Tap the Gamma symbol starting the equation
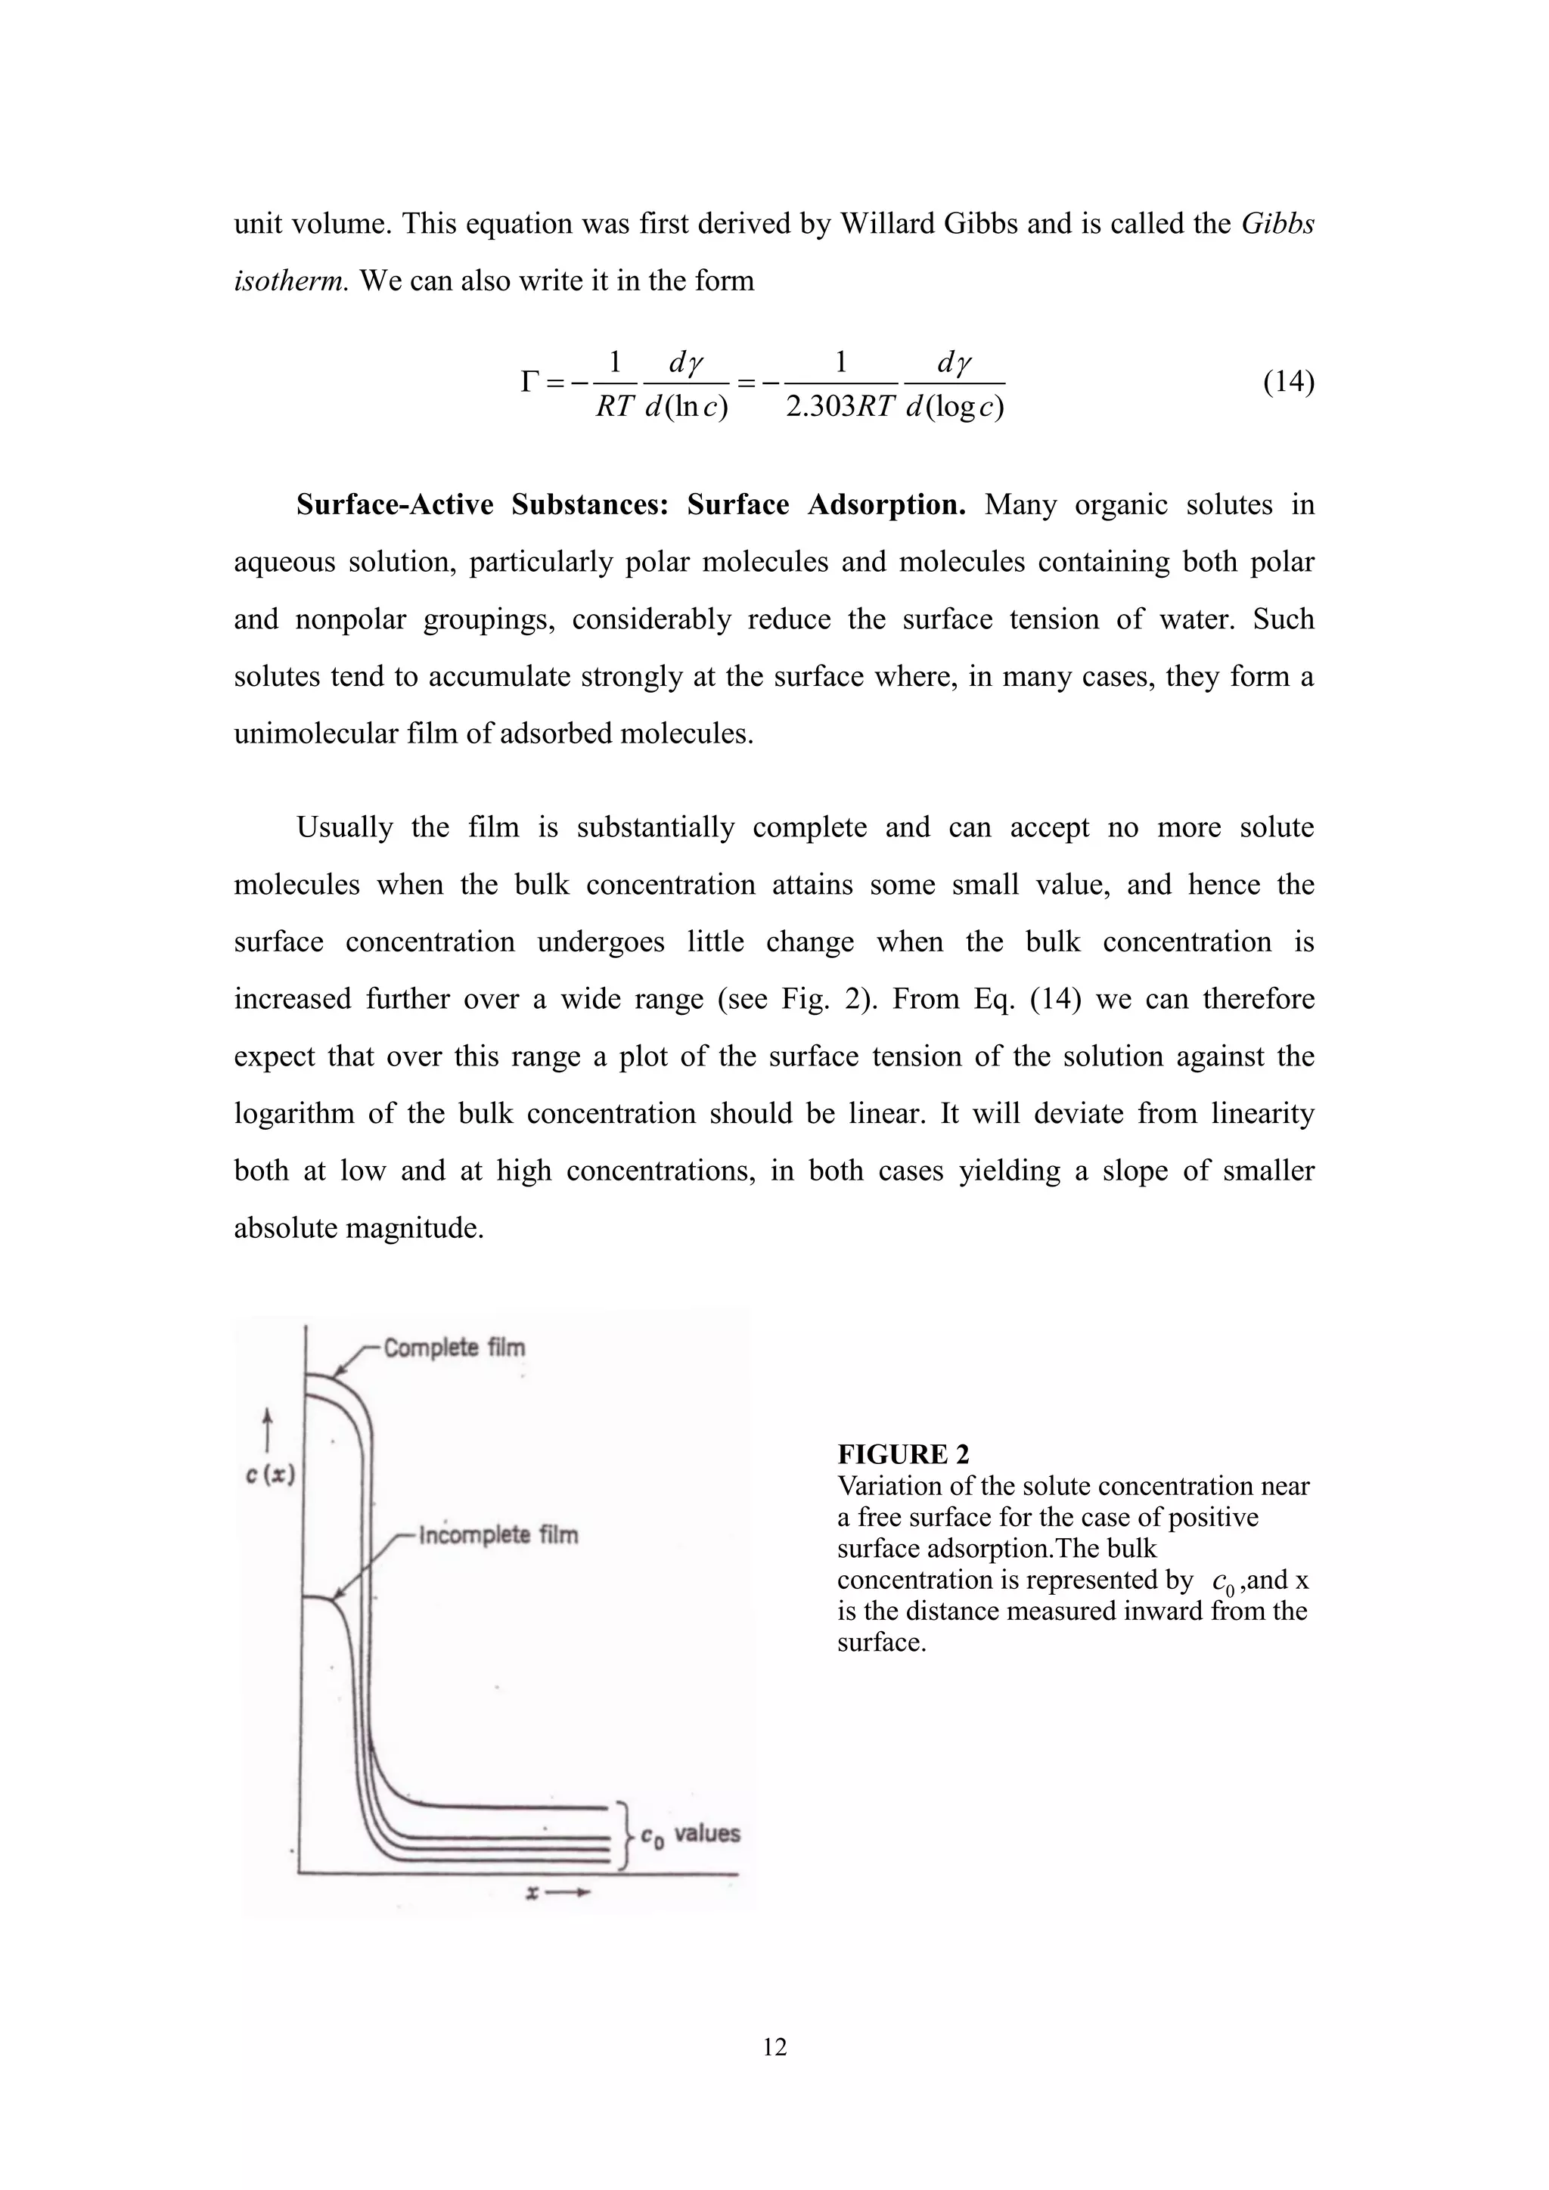click(x=530, y=383)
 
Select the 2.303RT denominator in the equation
click(x=840, y=408)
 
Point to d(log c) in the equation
click(x=955, y=408)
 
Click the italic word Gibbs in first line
click(x=1278, y=223)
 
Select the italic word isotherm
click(x=291, y=281)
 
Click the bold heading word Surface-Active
click(x=395, y=504)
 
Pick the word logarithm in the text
click(x=293, y=1113)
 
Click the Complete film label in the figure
click(x=454, y=1347)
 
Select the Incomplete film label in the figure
click(x=498, y=1534)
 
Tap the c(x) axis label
click(x=270, y=1475)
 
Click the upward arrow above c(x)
click(x=268, y=1430)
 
